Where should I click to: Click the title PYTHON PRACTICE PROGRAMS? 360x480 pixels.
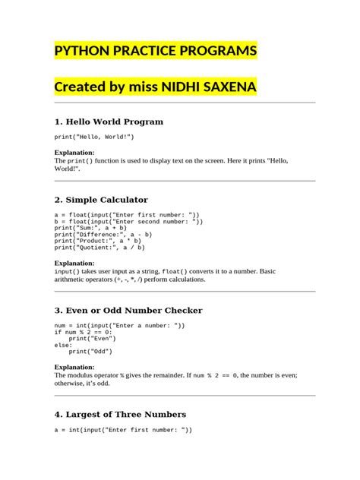(156, 51)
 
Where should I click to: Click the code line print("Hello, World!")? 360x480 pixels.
(94, 137)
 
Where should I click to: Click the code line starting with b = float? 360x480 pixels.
(128, 221)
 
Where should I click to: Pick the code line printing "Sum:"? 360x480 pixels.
(90, 228)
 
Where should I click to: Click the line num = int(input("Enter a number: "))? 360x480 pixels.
(119, 325)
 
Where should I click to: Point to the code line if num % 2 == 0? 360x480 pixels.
(84, 332)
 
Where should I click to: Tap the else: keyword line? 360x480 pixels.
(62, 345)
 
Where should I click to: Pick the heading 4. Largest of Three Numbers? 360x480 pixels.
(120, 415)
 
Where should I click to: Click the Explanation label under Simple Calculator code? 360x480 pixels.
(74, 264)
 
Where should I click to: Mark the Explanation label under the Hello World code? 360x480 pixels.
(74, 153)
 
